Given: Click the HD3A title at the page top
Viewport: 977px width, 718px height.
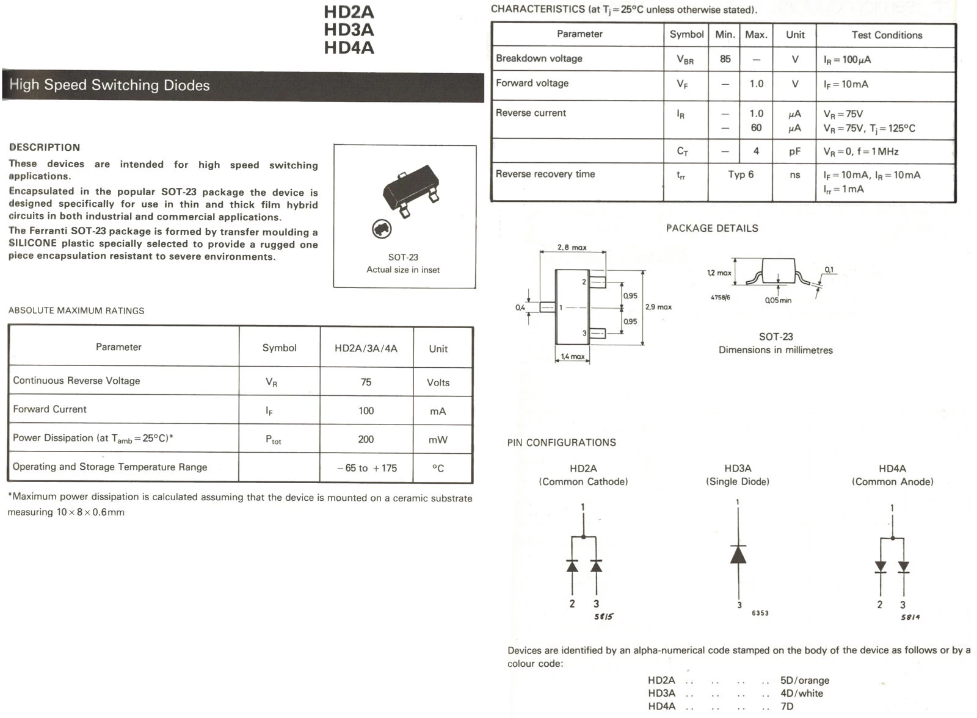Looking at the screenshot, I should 349,30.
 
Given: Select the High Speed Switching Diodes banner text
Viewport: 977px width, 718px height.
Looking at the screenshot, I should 109,85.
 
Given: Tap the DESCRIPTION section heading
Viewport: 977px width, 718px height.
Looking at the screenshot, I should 45,147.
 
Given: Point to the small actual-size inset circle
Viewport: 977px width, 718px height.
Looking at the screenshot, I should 382,229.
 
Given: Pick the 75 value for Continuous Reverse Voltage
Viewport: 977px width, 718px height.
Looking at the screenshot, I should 366,382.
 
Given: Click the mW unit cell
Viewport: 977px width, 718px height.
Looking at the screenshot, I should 438,439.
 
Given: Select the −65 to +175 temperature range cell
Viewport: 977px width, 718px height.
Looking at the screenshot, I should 366,468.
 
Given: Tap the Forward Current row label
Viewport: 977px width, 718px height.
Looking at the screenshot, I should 50,409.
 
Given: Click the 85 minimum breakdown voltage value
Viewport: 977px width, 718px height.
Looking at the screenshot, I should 725,59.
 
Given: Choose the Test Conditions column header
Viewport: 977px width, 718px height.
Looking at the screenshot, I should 887,35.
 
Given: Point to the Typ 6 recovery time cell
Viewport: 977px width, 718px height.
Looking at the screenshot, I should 741,174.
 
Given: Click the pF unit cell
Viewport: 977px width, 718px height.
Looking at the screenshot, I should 794,151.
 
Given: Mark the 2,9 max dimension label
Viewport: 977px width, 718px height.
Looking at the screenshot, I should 658,307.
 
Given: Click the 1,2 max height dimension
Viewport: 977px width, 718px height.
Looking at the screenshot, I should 719,273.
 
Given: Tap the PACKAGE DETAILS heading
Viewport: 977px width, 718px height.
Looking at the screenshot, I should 712,228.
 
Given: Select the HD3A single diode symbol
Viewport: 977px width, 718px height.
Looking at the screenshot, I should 738,554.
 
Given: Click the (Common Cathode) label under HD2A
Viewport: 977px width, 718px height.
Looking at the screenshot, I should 583,482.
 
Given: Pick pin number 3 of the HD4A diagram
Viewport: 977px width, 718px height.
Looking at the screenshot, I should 903,605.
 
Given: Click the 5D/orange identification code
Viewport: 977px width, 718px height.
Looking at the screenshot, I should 804,680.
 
